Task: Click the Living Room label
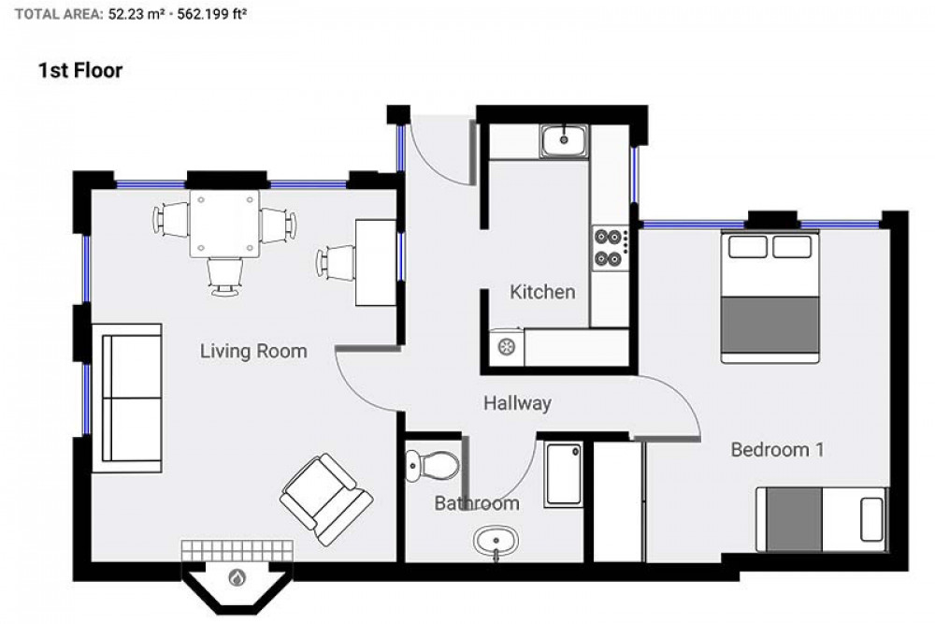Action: tap(253, 352)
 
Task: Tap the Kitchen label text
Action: tap(542, 292)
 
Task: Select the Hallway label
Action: tap(517, 403)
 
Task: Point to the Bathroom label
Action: tap(476, 503)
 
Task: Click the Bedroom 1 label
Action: tap(777, 450)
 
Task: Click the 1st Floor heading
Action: tap(80, 70)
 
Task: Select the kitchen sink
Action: tap(563, 141)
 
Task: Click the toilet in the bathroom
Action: tap(432, 462)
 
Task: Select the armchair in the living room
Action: tap(326, 500)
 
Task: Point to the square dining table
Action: tap(224, 224)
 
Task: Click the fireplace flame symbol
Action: tap(237, 579)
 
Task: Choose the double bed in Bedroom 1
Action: tap(770, 297)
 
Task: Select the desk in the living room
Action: tap(376, 262)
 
